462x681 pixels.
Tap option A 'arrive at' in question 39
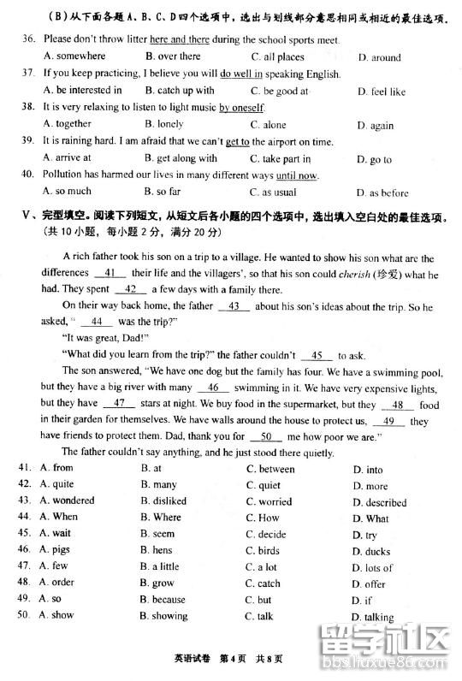(67, 158)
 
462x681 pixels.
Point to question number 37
(27, 74)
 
